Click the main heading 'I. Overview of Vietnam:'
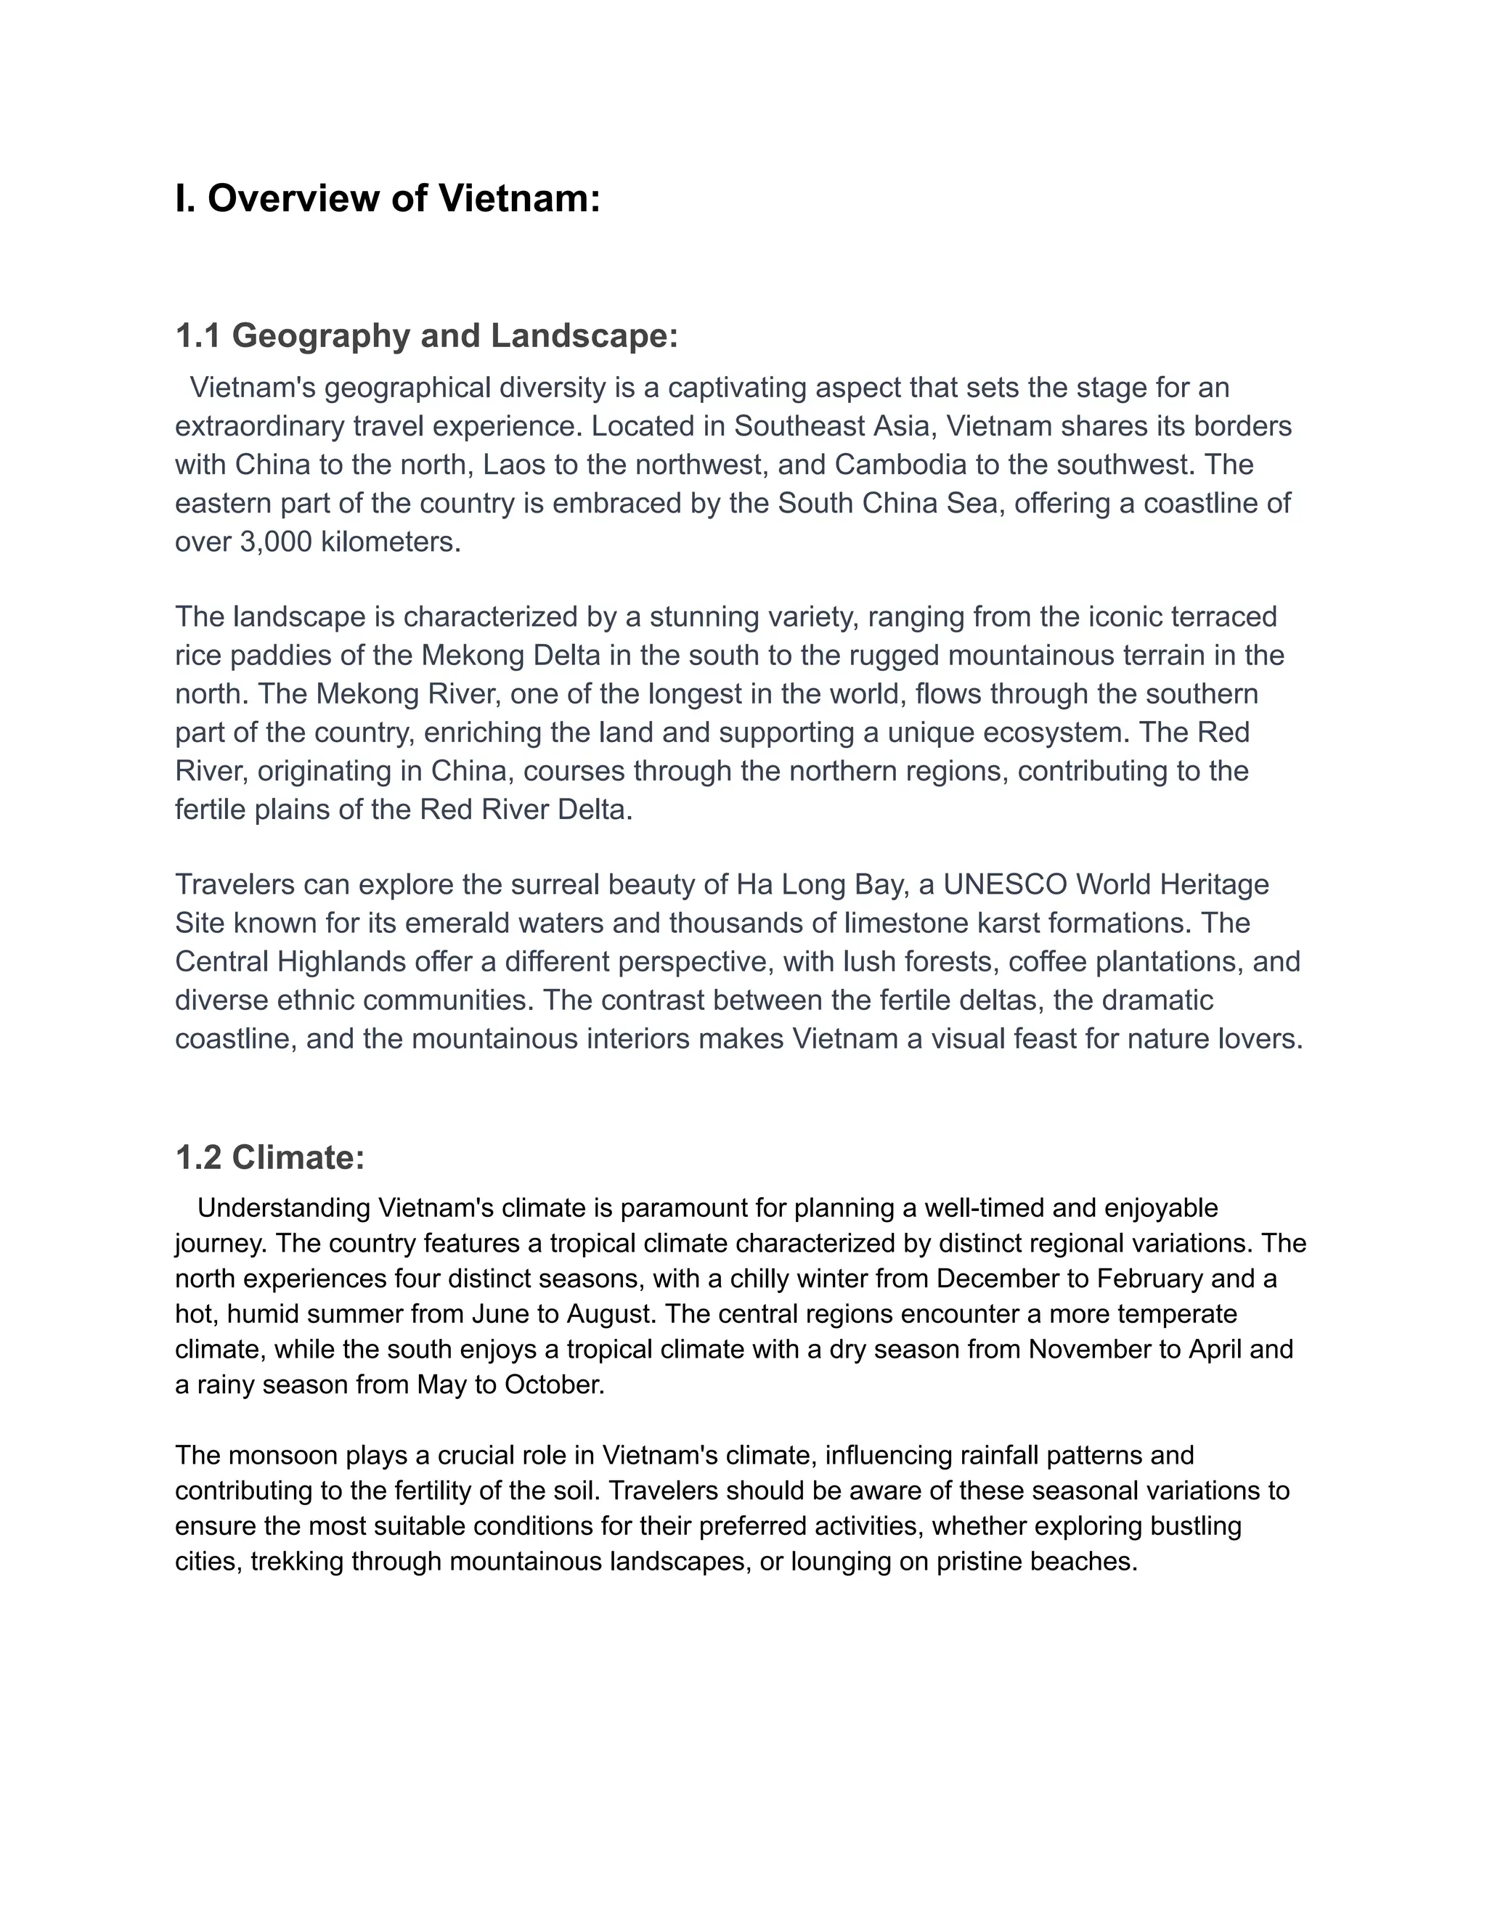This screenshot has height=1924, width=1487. coord(388,198)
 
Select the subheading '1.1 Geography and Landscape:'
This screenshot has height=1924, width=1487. coord(426,335)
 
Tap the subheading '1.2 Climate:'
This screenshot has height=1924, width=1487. coord(269,1157)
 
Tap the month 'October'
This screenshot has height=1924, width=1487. coord(553,1385)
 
